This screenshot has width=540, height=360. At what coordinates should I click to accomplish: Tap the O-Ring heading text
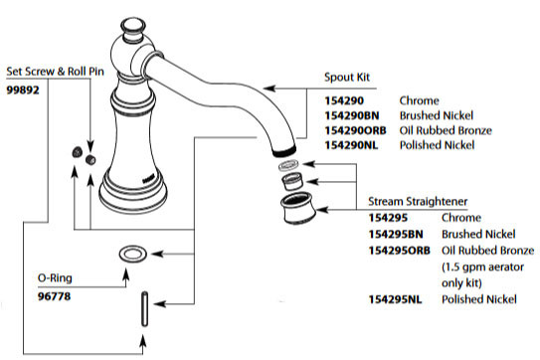coord(28,279)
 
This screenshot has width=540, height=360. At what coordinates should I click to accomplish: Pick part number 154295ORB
coord(400,250)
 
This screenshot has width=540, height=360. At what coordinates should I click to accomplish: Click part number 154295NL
coord(396,298)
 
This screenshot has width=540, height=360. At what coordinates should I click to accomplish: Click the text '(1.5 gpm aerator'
coord(473,267)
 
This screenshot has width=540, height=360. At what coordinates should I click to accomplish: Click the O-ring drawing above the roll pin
coord(131,254)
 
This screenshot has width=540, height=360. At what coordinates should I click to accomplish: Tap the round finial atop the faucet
coord(132,22)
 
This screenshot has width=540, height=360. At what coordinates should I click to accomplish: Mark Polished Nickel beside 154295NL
coord(469,298)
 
